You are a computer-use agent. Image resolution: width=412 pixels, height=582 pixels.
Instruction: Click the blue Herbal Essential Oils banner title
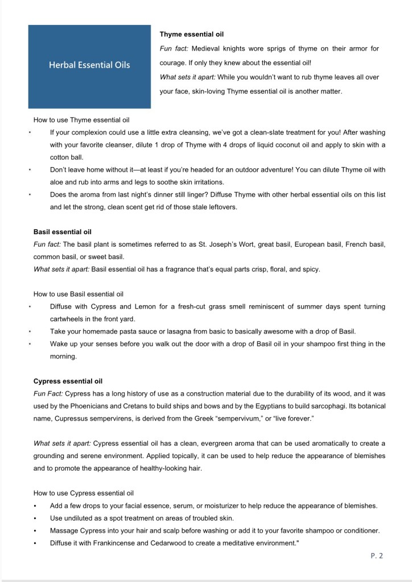pos(89,65)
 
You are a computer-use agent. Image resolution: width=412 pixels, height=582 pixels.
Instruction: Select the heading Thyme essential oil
pos(191,35)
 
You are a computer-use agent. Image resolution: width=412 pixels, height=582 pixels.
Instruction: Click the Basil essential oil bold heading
pos(63,232)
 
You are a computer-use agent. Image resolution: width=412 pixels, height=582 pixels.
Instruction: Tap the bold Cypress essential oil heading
pos(68,381)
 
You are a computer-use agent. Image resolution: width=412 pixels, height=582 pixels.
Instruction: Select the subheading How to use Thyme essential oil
pos(81,120)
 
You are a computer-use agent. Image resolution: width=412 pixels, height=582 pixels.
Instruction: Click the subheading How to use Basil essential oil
pos(79,294)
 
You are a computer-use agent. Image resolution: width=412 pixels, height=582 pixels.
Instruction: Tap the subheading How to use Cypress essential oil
pos(84,493)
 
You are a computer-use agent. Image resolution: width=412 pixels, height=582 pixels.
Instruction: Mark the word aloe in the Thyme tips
pos(56,182)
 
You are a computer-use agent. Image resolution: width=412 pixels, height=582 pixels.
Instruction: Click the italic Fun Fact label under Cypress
pos(49,393)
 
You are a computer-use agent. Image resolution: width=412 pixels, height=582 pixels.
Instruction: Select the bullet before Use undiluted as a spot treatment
pos(35,518)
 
